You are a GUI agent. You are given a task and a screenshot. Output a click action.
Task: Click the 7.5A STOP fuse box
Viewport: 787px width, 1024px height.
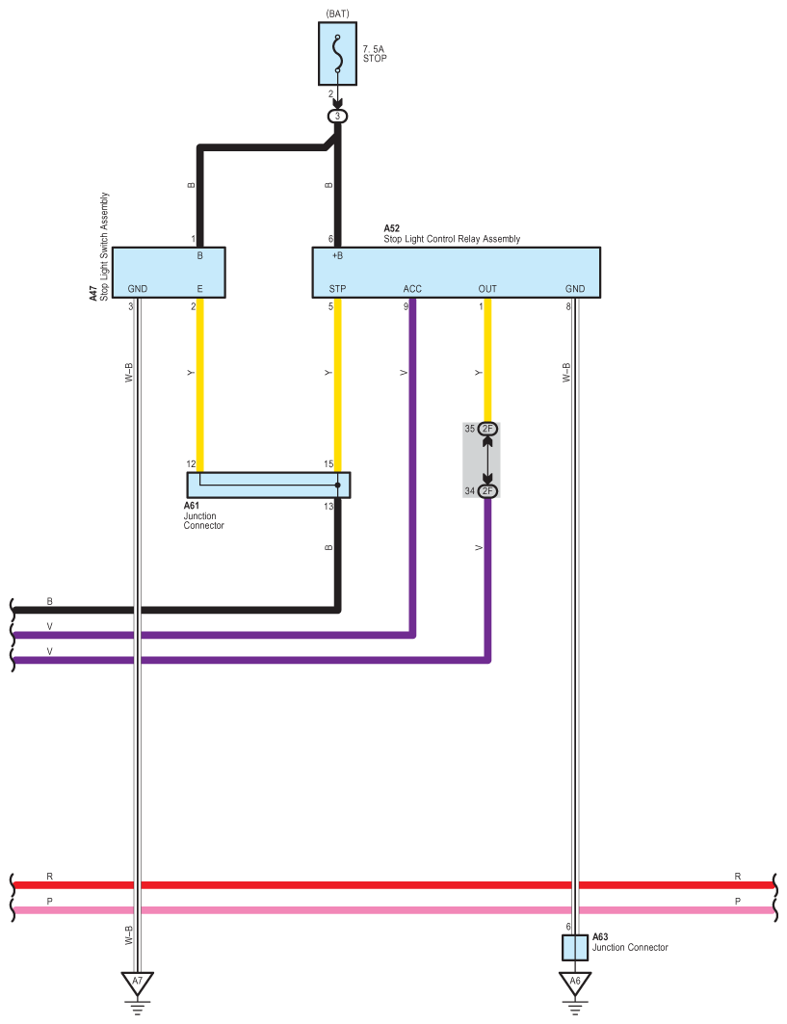tap(337, 54)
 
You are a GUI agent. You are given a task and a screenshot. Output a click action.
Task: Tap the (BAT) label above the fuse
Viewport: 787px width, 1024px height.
tap(337, 13)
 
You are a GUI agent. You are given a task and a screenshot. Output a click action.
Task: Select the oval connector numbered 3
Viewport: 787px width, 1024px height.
tap(338, 117)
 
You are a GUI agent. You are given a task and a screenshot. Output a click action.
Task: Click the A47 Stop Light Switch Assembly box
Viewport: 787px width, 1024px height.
tap(169, 273)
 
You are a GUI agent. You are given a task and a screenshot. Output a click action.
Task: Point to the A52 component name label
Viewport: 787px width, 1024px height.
tap(452, 234)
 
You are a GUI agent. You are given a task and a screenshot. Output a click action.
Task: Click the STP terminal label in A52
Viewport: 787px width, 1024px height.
tap(338, 289)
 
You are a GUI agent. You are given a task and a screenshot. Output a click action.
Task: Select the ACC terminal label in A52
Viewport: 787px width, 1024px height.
tap(412, 289)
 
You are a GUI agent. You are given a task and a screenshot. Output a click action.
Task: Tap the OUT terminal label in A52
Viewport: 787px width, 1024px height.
tap(487, 289)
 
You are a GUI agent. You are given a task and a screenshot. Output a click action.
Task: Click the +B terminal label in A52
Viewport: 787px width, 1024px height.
tap(337, 255)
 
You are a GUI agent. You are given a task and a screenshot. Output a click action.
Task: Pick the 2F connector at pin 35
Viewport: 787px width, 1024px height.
tap(487, 429)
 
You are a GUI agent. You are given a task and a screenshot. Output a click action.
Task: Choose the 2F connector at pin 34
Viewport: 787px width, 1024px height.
tap(487, 491)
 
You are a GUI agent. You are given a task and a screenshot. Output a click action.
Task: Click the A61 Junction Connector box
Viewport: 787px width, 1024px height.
tap(269, 486)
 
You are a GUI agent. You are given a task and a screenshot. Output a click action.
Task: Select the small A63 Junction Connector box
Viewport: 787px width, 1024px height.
tap(575, 948)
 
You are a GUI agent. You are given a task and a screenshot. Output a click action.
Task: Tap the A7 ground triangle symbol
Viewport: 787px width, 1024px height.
tap(137, 983)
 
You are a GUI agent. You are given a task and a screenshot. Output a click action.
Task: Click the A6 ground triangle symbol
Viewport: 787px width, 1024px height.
tap(575, 983)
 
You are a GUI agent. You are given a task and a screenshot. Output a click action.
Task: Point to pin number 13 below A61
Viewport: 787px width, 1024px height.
tap(328, 506)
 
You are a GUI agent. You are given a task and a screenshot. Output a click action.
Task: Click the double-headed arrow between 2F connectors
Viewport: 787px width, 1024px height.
tap(487, 459)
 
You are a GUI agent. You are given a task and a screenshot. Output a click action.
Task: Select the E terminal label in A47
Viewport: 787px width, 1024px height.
tap(199, 289)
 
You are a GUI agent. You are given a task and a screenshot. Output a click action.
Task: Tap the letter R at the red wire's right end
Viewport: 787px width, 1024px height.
tap(737, 877)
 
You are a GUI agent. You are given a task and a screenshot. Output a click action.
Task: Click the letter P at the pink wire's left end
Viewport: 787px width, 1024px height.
tap(50, 902)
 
